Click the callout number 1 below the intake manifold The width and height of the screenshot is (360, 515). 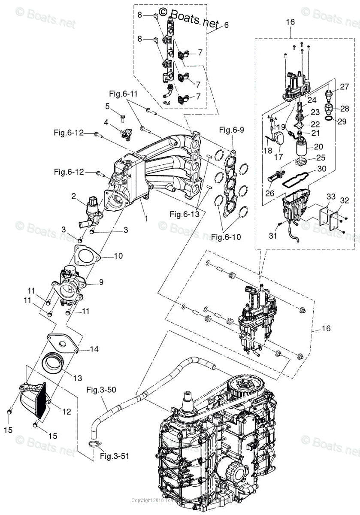146,218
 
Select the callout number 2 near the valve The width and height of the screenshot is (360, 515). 73,196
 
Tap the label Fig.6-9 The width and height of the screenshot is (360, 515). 231,129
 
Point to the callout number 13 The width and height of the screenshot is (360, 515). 77,378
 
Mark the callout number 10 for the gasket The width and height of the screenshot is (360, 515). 118,256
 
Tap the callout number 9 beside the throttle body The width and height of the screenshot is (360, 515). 101,282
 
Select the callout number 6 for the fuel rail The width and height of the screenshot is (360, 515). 226,25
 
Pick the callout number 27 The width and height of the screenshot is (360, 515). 345,87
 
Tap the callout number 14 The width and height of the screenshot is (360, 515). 94,349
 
